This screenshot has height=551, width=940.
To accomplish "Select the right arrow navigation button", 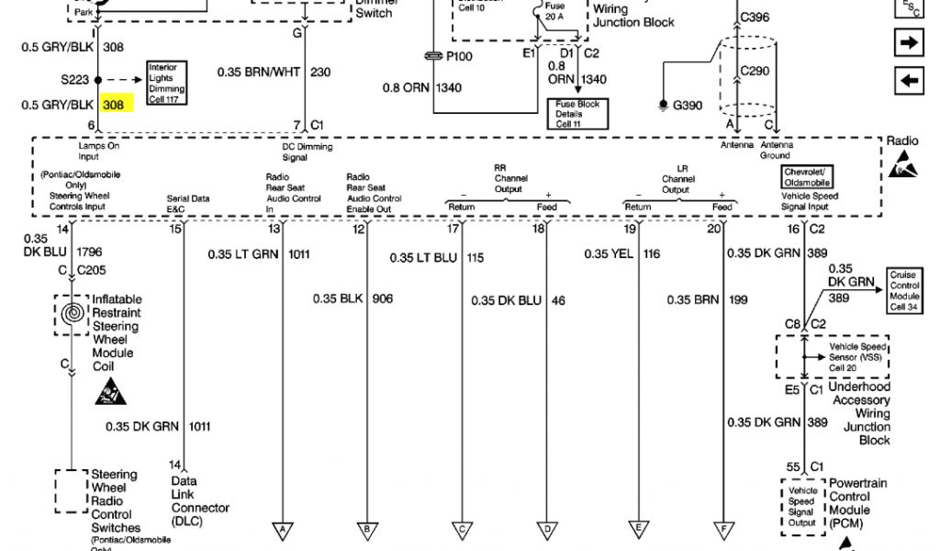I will (909, 42).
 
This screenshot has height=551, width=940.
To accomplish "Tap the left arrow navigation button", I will (909, 81).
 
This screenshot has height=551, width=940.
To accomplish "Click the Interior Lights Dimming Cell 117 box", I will (168, 83).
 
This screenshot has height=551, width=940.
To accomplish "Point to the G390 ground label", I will (688, 105).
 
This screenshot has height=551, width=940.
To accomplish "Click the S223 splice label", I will (77, 80).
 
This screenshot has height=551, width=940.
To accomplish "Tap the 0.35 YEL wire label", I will (609, 254).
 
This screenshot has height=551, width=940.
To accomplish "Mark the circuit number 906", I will (383, 299).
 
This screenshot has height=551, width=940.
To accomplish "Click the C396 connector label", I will (755, 17).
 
